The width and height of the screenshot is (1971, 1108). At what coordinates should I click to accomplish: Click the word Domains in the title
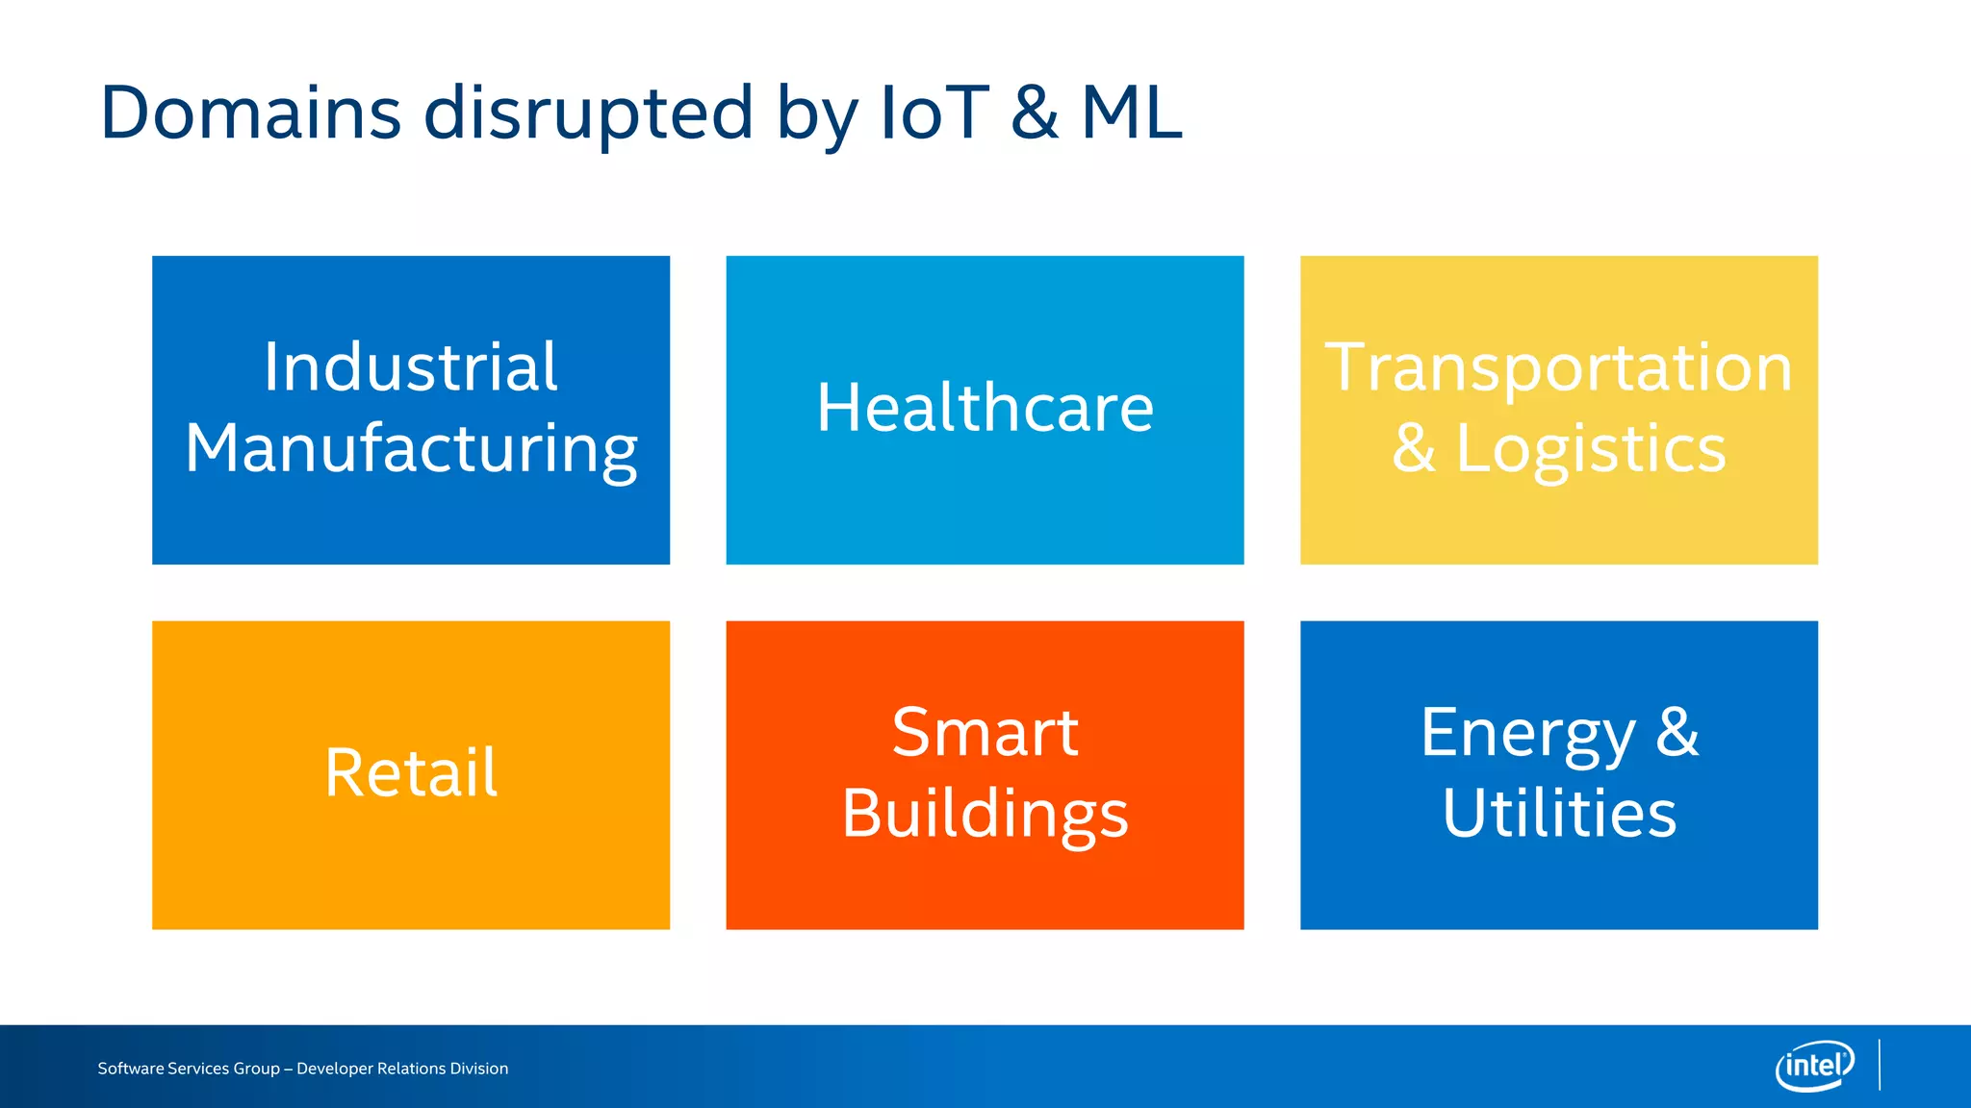pyautogui.click(x=250, y=113)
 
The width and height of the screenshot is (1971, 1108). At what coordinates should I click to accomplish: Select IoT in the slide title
pyautogui.click(x=934, y=113)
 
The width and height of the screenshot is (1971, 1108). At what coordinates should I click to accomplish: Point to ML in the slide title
pyautogui.click(x=1131, y=113)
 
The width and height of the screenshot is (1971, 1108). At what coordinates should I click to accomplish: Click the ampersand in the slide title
pyautogui.click(x=1035, y=113)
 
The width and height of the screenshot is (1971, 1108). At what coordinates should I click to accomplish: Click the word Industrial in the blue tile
pyautogui.click(x=411, y=367)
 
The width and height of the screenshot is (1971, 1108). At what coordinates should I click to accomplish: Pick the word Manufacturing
pyautogui.click(x=411, y=449)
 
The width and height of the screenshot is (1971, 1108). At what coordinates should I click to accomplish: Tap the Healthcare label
pyautogui.click(x=985, y=408)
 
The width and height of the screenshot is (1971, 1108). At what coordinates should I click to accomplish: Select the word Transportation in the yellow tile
pyautogui.click(x=1558, y=367)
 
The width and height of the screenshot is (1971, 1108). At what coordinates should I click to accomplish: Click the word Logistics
pyautogui.click(x=1590, y=449)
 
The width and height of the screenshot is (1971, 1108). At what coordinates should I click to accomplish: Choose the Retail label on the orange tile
pyautogui.click(x=411, y=773)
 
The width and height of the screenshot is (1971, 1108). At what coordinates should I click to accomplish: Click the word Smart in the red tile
pyautogui.click(x=985, y=733)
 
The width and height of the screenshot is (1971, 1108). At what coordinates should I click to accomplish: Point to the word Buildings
pyautogui.click(x=985, y=815)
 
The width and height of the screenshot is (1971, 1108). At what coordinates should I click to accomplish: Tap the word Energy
pyautogui.click(x=1527, y=735)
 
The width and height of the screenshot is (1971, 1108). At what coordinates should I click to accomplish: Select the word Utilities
pyautogui.click(x=1559, y=814)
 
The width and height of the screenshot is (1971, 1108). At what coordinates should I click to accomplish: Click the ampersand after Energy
pyautogui.click(x=1677, y=733)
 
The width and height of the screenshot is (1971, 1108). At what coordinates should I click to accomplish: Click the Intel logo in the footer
pyautogui.click(x=1814, y=1066)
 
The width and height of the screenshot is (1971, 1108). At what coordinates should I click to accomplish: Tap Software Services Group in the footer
pyautogui.click(x=189, y=1069)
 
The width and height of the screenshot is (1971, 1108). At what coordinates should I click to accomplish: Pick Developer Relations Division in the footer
pyautogui.click(x=402, y=1069)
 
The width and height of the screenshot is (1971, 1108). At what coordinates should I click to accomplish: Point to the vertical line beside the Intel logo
pyautogui.click(x=1880, y=1065)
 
